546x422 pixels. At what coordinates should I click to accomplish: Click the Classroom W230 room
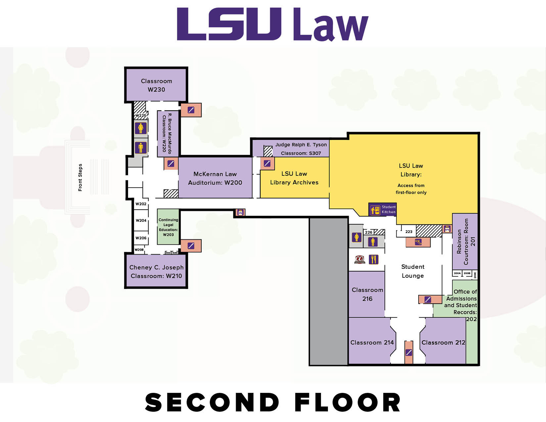[x=156, y=85]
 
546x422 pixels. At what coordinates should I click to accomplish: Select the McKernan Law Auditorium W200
[x=215, y=178]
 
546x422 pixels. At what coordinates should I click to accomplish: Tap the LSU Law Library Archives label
[x=294, y=178]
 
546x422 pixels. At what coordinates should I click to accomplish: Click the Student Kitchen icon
[x=375, y=210]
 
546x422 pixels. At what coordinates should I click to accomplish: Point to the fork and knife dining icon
[x=373, y=259]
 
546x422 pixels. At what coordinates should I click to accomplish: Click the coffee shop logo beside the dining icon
[x=360, y=259]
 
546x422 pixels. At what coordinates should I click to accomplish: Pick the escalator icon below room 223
[x=418, y=241]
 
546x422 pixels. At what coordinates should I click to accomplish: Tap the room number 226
[x=369, y=232]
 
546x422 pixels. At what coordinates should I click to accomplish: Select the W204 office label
[x=141, y=221]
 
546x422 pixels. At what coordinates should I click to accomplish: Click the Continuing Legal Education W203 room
[x=168, y=227]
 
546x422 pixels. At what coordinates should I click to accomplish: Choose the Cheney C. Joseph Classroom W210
[x=156, y=272]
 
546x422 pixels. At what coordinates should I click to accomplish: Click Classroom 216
[x=367, y=294]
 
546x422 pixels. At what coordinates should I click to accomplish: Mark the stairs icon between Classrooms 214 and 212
[x=409, y=352]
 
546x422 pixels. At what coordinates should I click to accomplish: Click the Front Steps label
[x=80, y=177]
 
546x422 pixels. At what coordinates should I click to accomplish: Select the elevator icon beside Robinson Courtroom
[x=447, y=229]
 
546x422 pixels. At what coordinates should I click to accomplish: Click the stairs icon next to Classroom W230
[x=191, y=110]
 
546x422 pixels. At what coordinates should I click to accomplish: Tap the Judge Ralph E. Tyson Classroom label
[x=301, y=149]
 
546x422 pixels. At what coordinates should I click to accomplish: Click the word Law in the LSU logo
[x=331, y=25]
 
